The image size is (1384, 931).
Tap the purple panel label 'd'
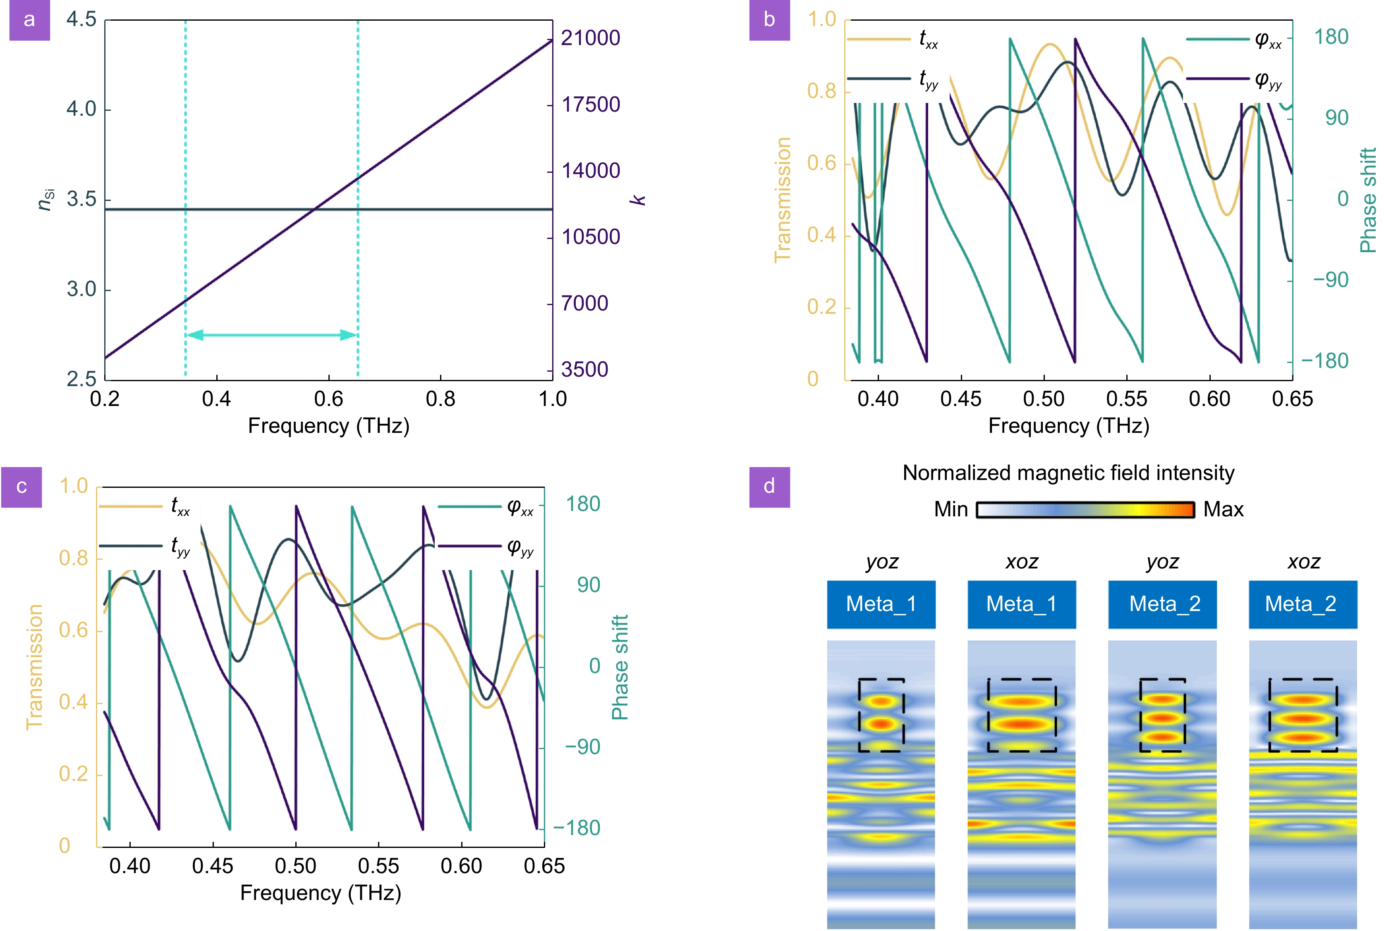[769, 487]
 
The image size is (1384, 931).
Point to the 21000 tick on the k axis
[590, 38]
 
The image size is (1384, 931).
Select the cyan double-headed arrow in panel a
[271, 335]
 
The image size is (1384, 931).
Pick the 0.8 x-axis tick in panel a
[440, 399]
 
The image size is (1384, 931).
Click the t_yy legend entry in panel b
[892, 79]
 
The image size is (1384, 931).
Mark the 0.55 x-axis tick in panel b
[1126, 399]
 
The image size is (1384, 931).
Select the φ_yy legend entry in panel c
[486, 546]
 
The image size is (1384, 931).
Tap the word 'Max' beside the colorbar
[1223, 509]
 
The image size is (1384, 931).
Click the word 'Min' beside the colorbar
[951, 509]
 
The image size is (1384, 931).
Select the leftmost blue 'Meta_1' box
[881, 604]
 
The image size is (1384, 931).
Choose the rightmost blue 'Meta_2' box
[1303, 604]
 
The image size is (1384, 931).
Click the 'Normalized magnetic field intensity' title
[1068, 473]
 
